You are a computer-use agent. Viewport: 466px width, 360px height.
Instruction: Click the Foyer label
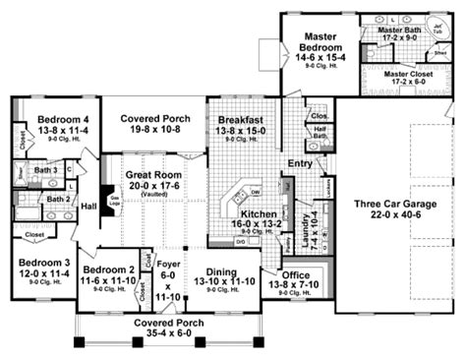[168, 265]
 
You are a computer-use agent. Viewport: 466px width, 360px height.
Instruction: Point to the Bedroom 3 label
[39, 267]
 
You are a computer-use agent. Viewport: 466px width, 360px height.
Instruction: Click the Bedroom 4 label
[49, 120]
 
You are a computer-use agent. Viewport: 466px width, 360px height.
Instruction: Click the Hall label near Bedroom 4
[88, 206]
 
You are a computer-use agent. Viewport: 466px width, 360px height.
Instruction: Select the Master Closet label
[406, 73]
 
